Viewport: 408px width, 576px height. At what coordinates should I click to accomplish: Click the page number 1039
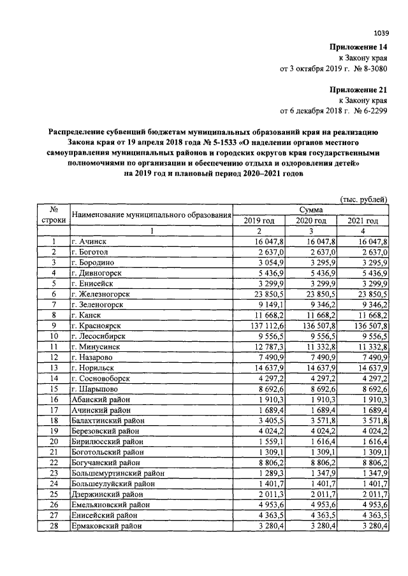click(381, 32)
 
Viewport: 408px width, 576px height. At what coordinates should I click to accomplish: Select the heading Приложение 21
click(358, 90)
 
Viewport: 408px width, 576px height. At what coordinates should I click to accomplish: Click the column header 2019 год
click(259, 220)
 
